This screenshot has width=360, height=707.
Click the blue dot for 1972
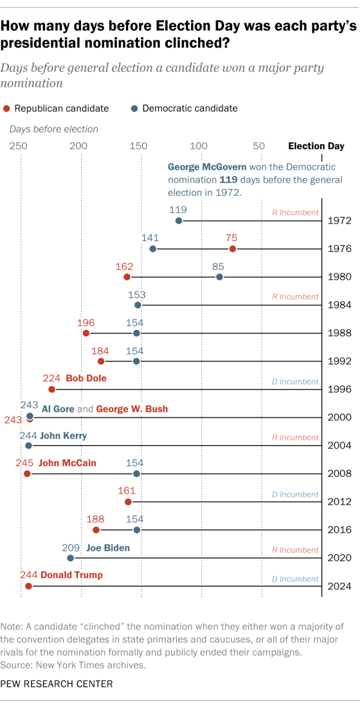179,220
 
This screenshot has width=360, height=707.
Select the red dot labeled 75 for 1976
232,249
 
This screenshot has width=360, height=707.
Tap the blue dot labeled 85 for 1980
219,277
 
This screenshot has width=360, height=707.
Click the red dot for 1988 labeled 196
86,333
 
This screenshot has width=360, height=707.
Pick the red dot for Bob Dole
52,389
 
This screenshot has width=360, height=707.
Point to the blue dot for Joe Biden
70,558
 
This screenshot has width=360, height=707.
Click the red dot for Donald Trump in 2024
28,586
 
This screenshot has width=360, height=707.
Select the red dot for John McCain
27,474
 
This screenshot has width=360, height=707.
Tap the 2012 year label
340,502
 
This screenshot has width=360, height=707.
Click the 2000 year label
340,417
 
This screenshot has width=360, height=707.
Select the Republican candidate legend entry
56,109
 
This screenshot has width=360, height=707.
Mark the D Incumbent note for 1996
295,381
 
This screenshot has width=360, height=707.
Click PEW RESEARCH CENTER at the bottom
57,684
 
